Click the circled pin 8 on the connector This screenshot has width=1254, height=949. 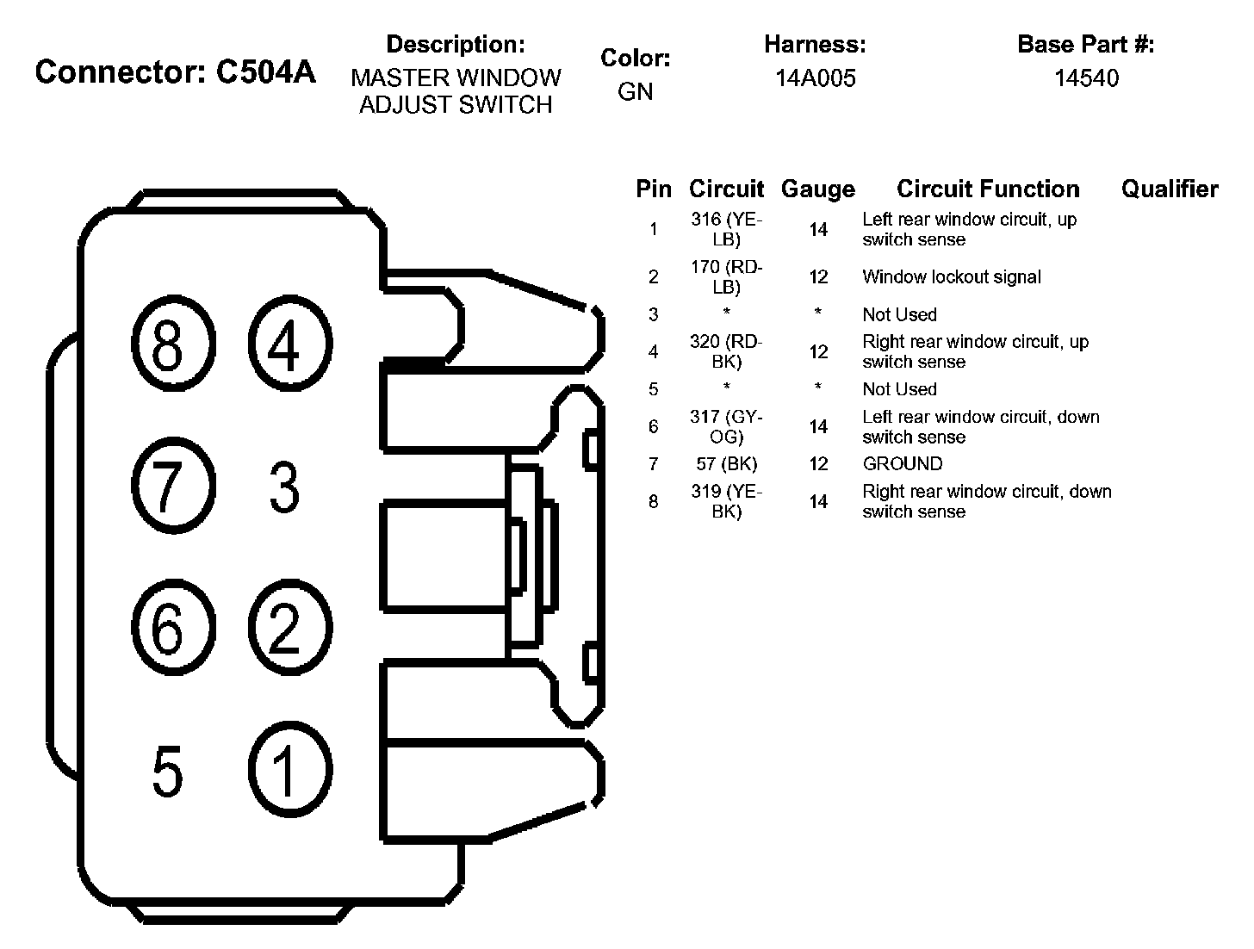(174, 343)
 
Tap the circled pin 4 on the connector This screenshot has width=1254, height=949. (290, 343)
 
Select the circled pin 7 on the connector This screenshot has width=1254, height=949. (174, 486)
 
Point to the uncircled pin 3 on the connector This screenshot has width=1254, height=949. (284, 487)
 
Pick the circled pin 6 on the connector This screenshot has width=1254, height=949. (174, 628)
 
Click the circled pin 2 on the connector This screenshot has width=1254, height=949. (290, 628)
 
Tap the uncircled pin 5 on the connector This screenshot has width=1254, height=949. (167, 771)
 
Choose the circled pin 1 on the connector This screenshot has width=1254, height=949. (290, 769)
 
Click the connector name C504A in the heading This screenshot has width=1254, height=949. (265, 72)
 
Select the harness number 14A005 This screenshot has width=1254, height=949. (816, 78)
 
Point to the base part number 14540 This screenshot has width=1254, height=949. (1086, 78)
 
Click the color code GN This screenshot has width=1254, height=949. (636, 91)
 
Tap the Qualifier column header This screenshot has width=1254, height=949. (1170, 189)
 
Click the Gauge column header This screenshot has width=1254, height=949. (818, 189)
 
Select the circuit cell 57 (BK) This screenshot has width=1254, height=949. (727, 463)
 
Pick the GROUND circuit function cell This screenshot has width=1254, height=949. (903, 463)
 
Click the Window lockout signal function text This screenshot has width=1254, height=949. (952, 277)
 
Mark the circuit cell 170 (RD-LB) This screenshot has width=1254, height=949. (727, 277)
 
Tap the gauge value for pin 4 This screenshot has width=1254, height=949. (818, 351)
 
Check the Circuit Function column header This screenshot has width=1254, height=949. (988, 189)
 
